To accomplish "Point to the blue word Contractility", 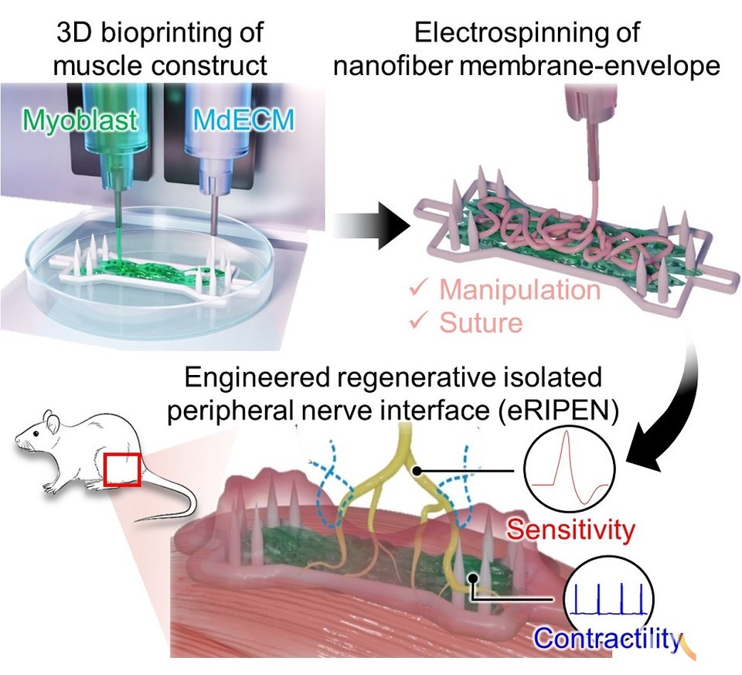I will click(609, 639).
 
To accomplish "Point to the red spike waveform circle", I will click(568, 466).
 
